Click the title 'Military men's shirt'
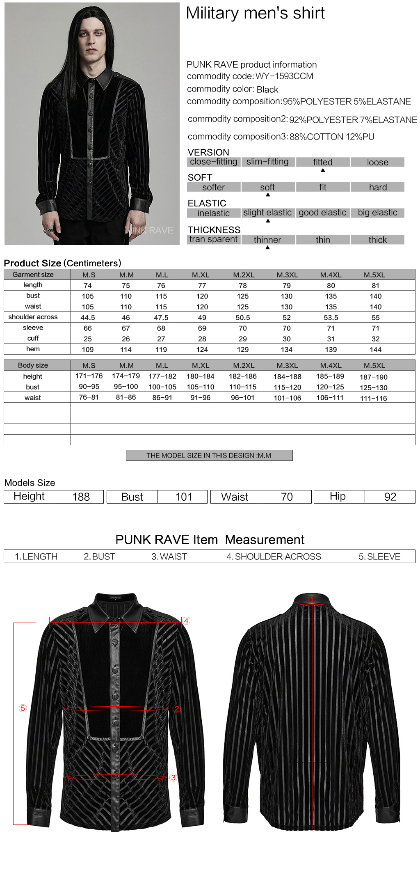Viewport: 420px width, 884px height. click(x=255, y=13)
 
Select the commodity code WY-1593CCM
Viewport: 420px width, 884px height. click(x=284, y=76)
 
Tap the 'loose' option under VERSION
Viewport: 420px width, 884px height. click(x=377, y=162)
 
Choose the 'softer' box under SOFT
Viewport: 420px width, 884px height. click(x=213, y=188)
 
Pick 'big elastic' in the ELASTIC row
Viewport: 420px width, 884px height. click(x=377, y=213)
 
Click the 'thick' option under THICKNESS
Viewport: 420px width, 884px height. click(x=377, y=240)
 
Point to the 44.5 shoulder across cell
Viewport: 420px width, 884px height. click(x=88, y=318)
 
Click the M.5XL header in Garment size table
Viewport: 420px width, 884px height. click(x=374, y=275)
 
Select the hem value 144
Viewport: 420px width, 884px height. click(x=375, y=350)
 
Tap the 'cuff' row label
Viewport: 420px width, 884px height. click(x=33, y=338)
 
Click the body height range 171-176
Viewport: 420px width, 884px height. click(x=89, y=376)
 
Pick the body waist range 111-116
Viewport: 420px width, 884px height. click(x=373, y=398)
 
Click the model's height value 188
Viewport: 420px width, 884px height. click(x=81, y=497)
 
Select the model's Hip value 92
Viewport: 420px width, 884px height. click(x=390, y=497)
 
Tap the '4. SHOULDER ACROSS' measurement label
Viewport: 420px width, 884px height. click(x=274, y=557)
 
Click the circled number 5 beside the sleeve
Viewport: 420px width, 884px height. click(x=23, y=708)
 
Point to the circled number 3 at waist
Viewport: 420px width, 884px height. click(x=173, y=778)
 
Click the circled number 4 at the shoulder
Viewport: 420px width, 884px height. click(x=186, y=621)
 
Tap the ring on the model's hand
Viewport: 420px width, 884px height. click(x=49, y=231)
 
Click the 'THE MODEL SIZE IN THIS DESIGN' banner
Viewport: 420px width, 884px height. click(x=209, y=456)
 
